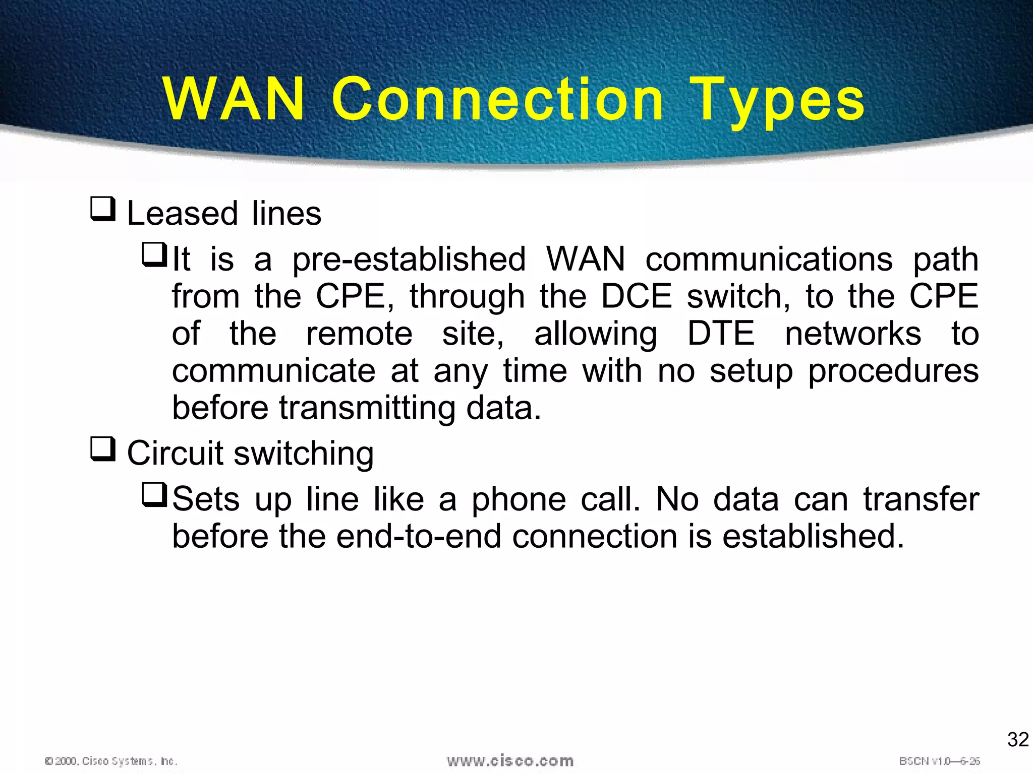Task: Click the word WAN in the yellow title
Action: [x=234, y=99]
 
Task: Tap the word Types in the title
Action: [x=779, y=101]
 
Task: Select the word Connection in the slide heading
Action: [x=497, y=99]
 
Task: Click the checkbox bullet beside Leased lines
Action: [x=103, y=209]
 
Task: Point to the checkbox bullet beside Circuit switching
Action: [x=103, y=449]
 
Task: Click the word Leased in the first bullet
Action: [x=182, y=214]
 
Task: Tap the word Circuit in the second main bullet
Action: [x=175, y=453]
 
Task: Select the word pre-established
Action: [x=409, y=260]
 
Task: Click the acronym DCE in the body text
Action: [x=637, y=296]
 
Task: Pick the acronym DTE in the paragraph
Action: [x=721, y=334]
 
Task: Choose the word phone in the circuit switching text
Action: [x=519, y=500]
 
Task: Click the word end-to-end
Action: [x=419, y=536]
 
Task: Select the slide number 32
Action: [x=1018, y=740]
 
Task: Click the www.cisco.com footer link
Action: [x=510, y=760]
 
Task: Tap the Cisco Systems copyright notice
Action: [x=111, y=761]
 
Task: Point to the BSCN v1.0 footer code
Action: [x=939, y=761]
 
